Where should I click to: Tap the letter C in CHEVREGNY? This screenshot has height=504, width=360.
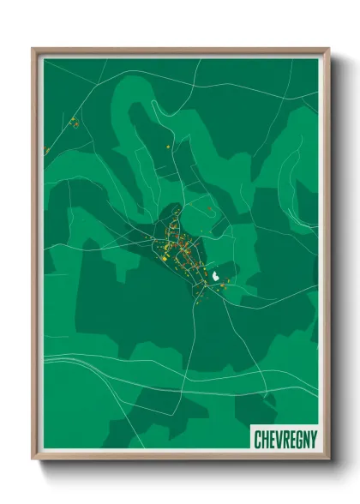(x=258, y=439)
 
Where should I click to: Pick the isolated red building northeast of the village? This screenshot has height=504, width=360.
(x=208, y=207)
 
